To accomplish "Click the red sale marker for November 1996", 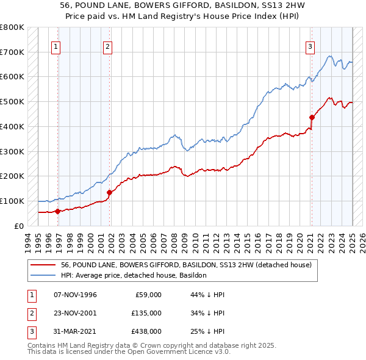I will (57, 212).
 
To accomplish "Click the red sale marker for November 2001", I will (109, 192).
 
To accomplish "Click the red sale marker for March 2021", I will (312, 117).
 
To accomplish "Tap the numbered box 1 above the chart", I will (56, 46).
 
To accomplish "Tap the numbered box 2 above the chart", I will (107, 46).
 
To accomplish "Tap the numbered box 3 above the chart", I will (310, 46).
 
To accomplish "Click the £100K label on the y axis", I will (13, 201).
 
